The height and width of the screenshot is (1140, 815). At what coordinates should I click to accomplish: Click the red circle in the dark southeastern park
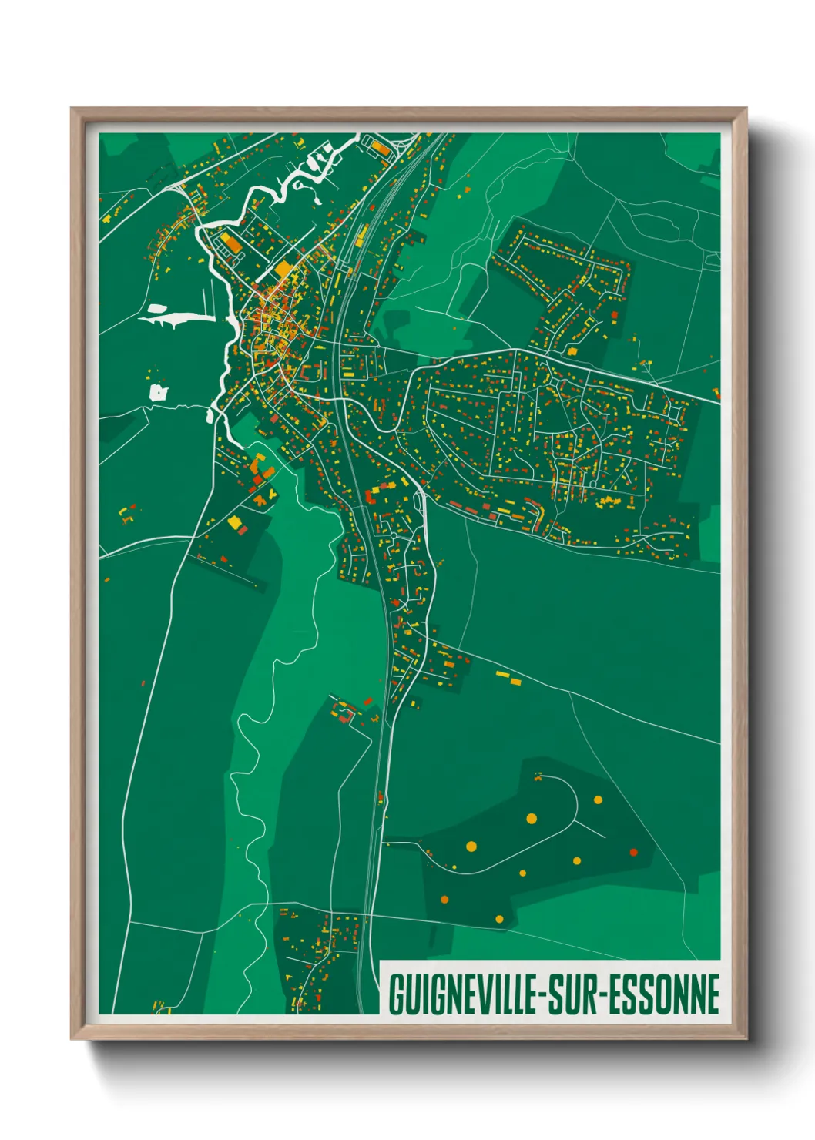634,852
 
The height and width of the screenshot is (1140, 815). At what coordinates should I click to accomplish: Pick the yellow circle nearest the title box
499,919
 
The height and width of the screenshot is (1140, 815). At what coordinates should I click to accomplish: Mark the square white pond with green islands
158,393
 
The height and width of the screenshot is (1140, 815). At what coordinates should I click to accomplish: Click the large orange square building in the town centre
284,269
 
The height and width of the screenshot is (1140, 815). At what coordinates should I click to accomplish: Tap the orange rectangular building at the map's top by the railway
381,146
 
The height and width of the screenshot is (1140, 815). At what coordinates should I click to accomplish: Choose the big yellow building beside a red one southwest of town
234,522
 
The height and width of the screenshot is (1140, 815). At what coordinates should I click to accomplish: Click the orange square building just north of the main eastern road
572,351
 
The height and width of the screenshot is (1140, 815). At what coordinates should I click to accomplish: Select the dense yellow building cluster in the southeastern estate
610,502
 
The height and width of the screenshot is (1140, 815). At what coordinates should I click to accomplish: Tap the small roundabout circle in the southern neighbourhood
393,534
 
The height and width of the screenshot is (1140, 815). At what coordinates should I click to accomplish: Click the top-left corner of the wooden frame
72,109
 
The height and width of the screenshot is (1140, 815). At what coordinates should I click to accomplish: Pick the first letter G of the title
395,994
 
